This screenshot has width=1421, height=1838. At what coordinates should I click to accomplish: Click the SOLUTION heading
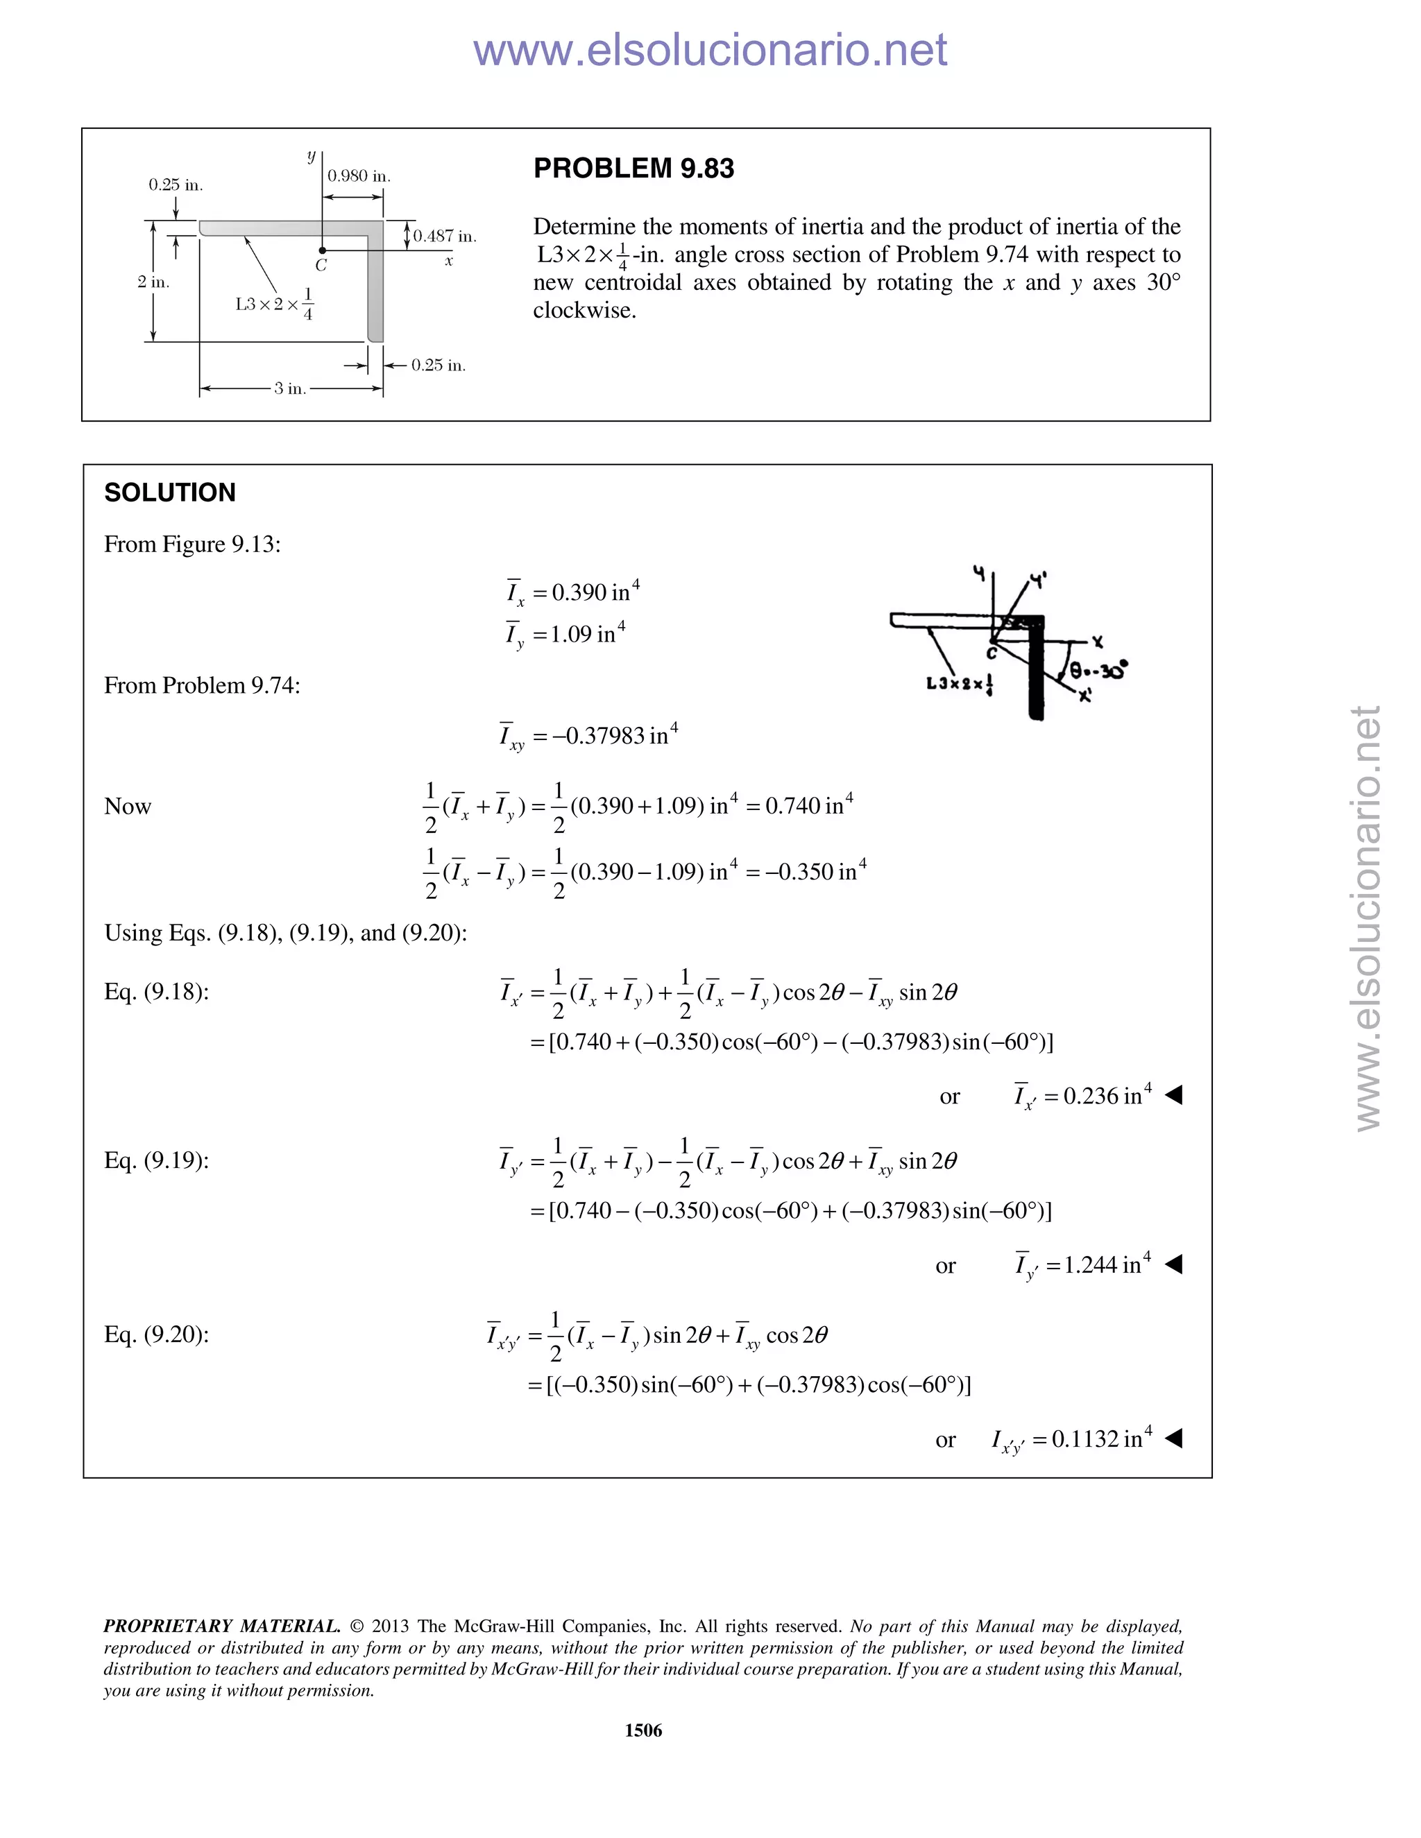coord(169,492)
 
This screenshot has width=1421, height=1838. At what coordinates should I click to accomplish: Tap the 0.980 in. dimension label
coord(359,176)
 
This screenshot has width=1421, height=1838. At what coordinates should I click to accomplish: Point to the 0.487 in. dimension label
coord(445,237)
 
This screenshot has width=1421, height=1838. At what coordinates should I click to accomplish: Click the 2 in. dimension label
coord(153,282)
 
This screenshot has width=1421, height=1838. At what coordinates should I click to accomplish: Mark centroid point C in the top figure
coord(323,250)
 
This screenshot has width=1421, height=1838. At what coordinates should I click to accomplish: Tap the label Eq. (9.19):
coord(157,1160)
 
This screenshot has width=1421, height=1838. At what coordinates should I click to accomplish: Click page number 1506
coord(643,1730)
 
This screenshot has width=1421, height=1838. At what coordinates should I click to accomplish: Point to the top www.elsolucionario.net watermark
coord(710,50)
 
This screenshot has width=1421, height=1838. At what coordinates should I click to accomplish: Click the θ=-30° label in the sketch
coord(1098,671)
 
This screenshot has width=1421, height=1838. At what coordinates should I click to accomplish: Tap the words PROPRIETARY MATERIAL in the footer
coord(221,1626)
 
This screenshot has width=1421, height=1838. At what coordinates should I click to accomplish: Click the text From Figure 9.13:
coord(192,544)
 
